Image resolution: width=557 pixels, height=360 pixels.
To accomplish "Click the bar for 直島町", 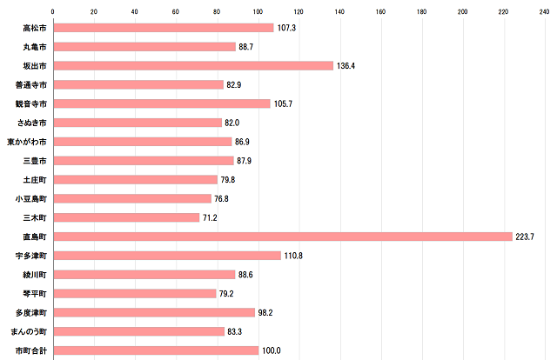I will point(283,237).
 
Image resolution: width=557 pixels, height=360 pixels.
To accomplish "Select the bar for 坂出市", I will point(193,66).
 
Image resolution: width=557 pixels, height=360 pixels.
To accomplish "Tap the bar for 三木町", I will point(127,217).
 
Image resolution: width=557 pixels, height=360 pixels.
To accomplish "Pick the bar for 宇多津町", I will point(167,256).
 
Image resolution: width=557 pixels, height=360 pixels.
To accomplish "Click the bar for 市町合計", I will point(156,350).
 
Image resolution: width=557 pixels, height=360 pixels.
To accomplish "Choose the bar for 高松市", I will point(164,28).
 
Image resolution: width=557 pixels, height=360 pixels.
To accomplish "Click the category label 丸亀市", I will point(35,47).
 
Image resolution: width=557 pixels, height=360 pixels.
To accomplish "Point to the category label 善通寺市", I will point(31,85).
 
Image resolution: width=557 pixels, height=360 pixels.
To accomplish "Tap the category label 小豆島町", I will point(31,199).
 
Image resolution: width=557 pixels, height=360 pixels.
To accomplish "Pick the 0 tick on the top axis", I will point(54,12).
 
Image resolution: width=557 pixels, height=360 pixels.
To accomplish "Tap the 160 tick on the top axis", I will point(380,12).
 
